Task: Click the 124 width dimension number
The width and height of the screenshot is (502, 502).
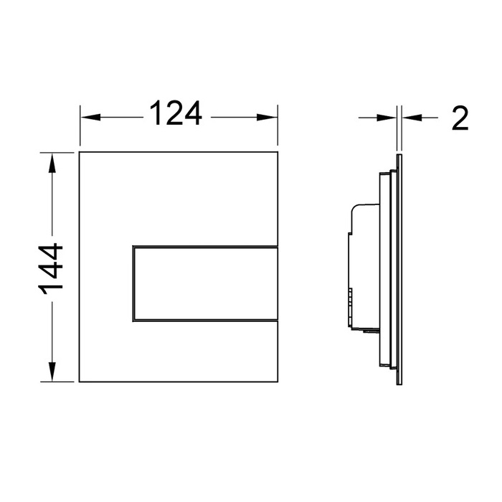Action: coord(176,113)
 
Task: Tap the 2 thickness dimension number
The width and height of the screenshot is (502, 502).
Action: coord(460,118)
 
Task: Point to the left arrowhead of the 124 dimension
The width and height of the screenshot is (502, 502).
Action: coord(91,117)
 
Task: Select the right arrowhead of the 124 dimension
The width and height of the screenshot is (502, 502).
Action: coord(267,117)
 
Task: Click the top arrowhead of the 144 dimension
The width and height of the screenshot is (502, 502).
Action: coord(52,164)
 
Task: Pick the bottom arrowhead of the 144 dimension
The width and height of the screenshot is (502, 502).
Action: coord(52,371)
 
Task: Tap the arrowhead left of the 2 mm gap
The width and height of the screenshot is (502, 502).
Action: coord(387,118)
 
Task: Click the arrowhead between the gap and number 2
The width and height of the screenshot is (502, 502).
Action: coord(412,118)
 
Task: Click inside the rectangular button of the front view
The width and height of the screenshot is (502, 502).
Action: coord(205,283)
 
